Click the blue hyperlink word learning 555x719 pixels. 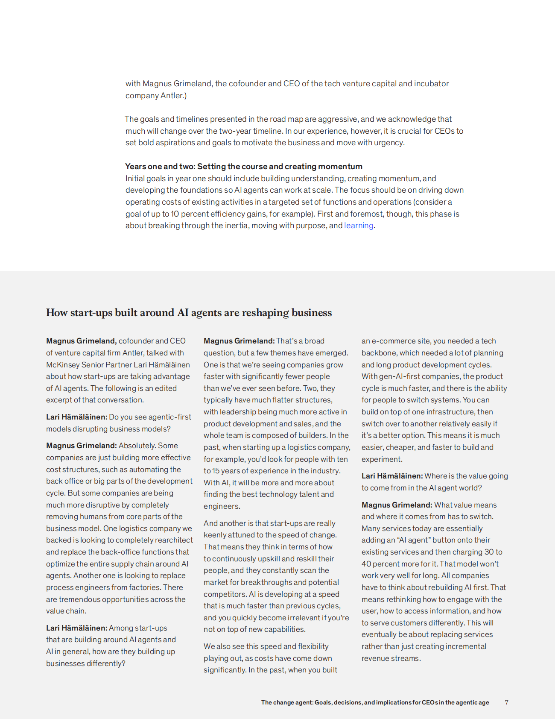click(359, 226)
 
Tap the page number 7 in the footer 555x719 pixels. click(506, 702)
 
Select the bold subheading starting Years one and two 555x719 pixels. click(244, 167)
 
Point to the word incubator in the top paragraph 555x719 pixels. click(432, 84)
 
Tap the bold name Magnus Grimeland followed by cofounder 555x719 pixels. click(81, 341)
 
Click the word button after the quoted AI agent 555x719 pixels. click(445, 540)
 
